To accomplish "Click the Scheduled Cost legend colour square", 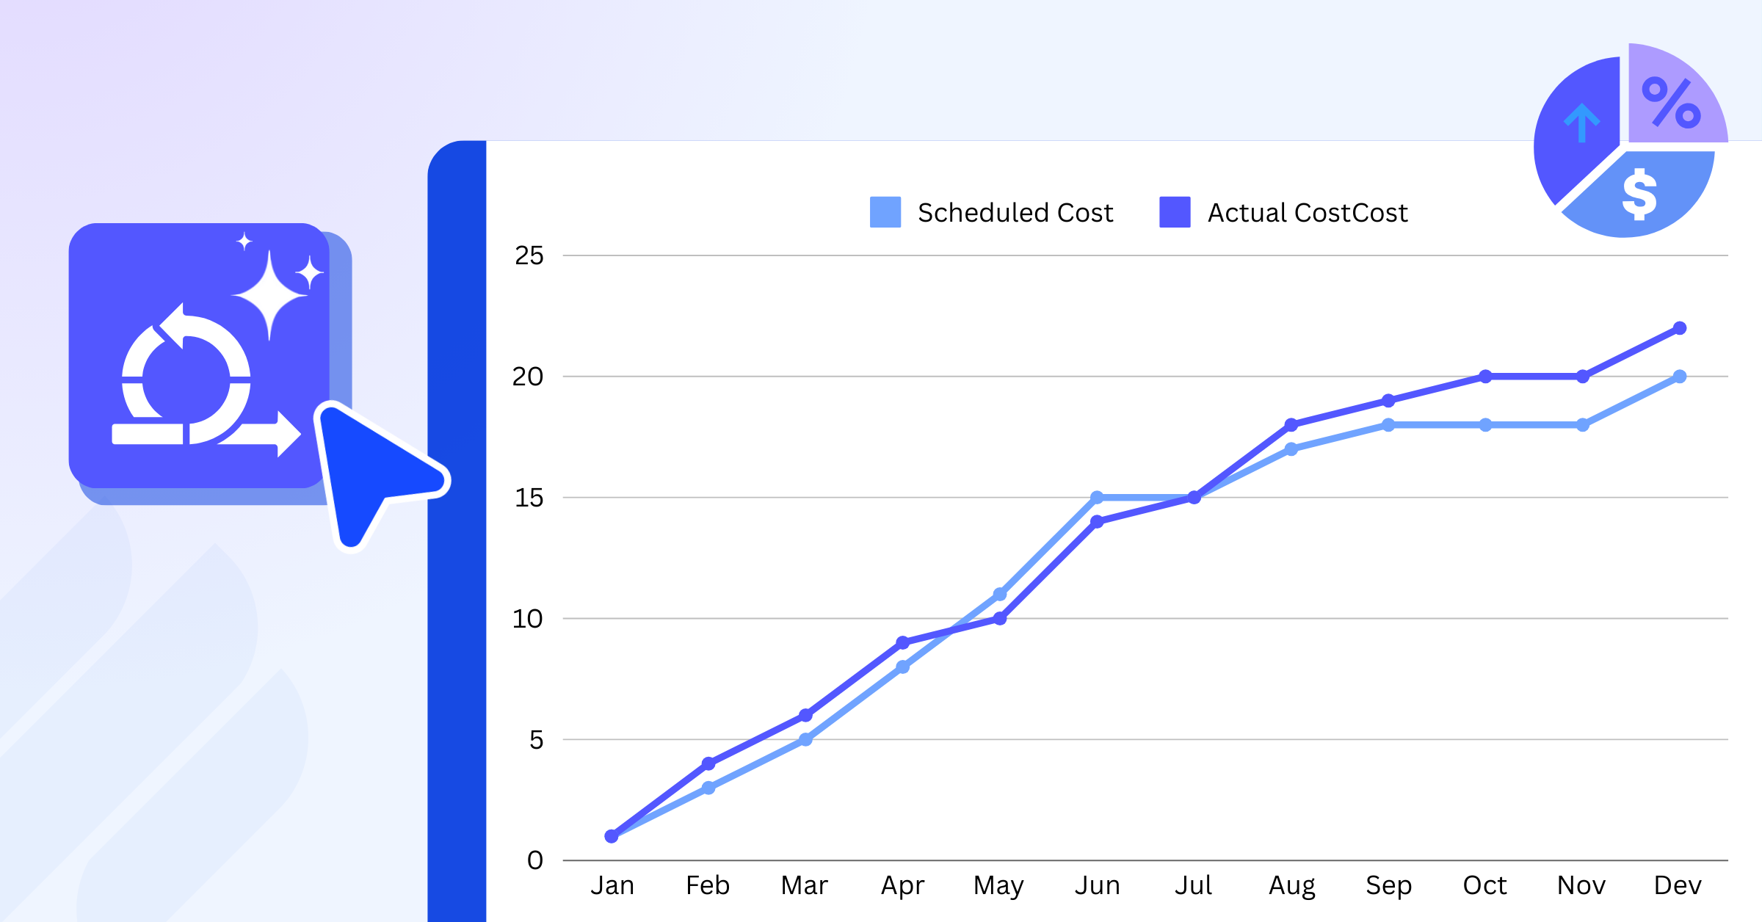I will point(885,212).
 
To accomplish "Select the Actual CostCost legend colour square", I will point(1175,212).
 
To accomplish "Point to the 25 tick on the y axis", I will point(529,255).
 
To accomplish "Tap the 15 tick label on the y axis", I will point(529,498).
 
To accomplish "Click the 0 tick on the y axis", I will point(535,860).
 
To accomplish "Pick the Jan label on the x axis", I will point(612,885).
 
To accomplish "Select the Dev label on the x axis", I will point(1678,885).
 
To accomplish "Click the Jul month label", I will point(1193,885).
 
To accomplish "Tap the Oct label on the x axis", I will point(1484,885).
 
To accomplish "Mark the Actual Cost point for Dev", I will point(1680,328).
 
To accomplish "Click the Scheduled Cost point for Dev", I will point(1680,377).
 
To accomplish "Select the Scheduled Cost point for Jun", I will point(1097,498).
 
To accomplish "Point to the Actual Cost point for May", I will point(1000,619).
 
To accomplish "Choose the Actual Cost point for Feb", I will point(708,763).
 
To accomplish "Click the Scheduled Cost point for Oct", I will point(1485,425).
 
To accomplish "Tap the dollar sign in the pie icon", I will point(1639,194).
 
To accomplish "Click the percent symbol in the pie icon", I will point(1671,103).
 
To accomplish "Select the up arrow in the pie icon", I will point(1581,122).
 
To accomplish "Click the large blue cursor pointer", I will point(367,470).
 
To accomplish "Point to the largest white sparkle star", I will point(269,295).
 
